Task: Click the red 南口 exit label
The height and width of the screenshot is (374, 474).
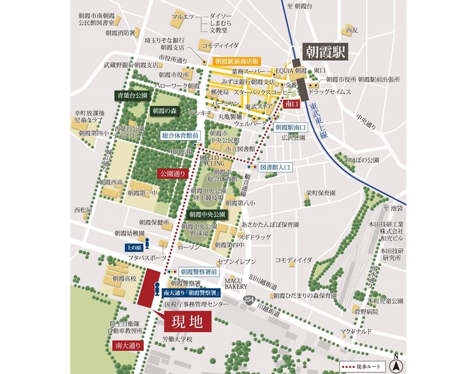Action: (291, 104)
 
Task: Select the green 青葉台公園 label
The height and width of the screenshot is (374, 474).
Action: (132, 96)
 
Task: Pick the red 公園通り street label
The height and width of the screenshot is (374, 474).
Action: (172, 173)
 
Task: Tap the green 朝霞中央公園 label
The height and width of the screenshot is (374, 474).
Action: (207, 214)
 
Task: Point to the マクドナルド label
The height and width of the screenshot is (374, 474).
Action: (355, 332)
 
